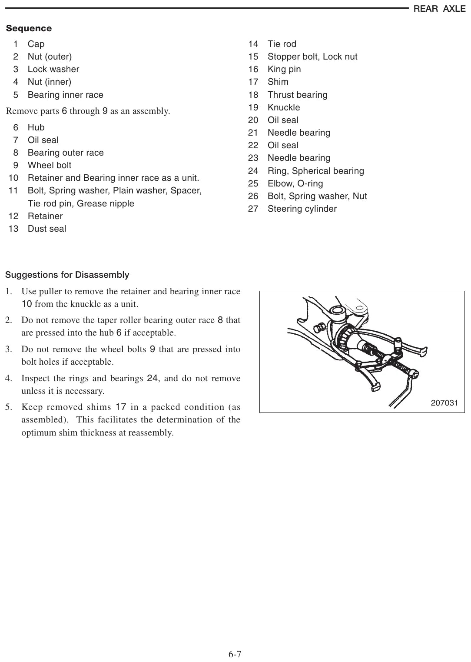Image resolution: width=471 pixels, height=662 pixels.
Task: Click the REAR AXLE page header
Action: point(439,9)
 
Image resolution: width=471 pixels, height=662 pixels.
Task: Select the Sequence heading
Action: point(29,28)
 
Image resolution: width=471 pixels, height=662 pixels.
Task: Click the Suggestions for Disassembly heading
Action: point(67,275)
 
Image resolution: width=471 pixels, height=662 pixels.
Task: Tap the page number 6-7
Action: point(235,654)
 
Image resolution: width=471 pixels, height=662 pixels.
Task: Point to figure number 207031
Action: point(444,403)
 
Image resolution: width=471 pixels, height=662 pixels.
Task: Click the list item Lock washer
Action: point(53,69)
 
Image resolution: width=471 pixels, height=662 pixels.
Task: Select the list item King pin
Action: point(284,69)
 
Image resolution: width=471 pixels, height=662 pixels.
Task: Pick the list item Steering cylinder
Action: point(302,209)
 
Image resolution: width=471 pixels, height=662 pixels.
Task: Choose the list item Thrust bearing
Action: point(298,95)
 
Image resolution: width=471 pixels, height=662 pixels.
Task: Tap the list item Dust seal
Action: point(46,229)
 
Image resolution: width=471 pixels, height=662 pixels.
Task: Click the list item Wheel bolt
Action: point(50,165)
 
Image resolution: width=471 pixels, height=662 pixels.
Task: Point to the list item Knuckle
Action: point(284,107)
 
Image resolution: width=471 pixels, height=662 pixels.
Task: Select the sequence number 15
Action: point(253,57)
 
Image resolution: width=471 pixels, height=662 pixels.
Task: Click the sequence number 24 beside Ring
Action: point(253,171)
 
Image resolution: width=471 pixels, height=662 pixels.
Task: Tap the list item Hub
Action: point(36,127)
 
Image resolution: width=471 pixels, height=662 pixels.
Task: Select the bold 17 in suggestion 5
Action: point(120,407)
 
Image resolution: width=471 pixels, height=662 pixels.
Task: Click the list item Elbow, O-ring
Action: point(295,183)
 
